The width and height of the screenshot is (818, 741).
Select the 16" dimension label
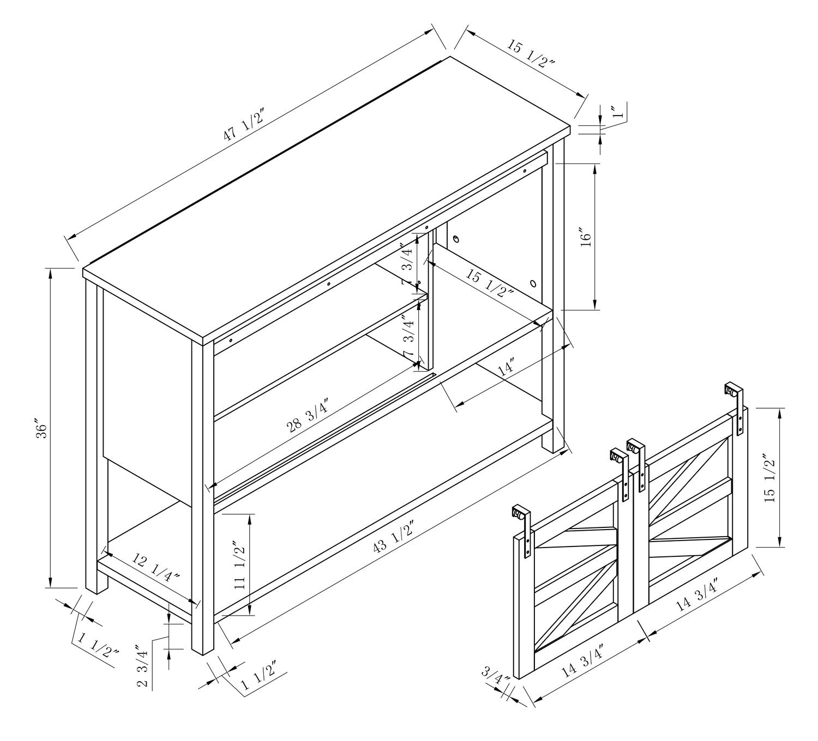(586, 240)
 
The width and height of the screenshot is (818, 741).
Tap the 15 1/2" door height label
(769, 478)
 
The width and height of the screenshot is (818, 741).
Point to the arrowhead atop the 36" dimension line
(51, 274)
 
